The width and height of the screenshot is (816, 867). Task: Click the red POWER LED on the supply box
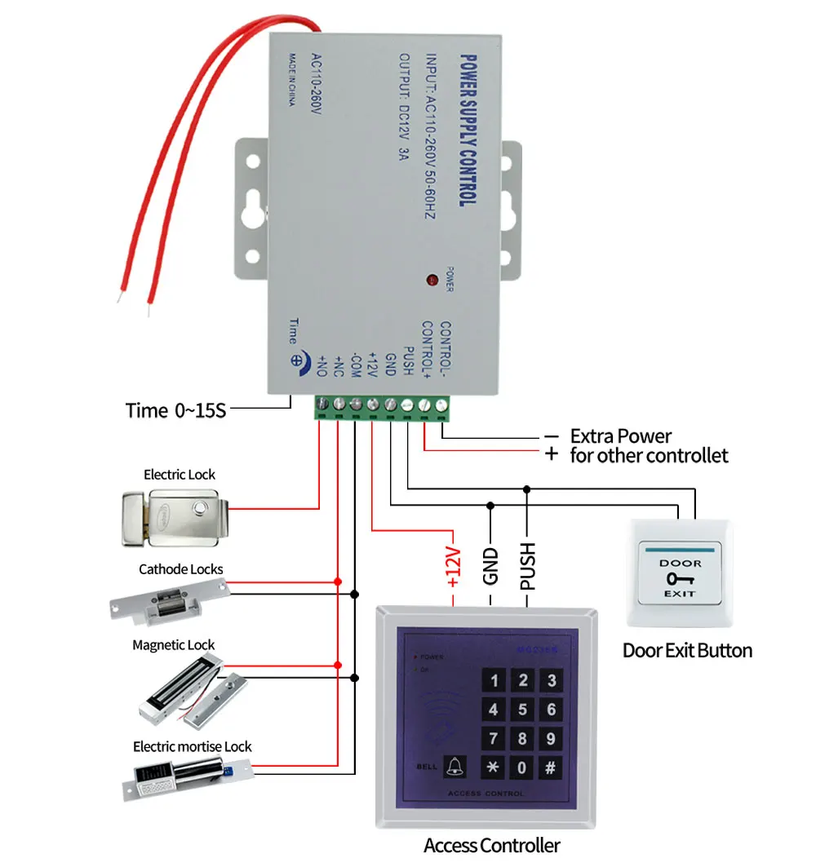431,281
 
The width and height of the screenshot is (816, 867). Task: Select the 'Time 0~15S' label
175,409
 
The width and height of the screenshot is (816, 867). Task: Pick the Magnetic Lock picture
187,693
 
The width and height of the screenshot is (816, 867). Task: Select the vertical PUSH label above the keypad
527,564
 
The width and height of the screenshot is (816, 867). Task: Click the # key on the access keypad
551,767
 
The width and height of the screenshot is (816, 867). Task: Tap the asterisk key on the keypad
493,767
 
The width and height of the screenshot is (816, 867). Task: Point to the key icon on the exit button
679,578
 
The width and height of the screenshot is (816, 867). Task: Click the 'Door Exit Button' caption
687,650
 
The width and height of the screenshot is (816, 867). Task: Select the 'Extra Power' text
620,436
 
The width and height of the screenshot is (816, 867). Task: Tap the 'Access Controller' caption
491,845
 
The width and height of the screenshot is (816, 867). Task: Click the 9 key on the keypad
551,739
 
